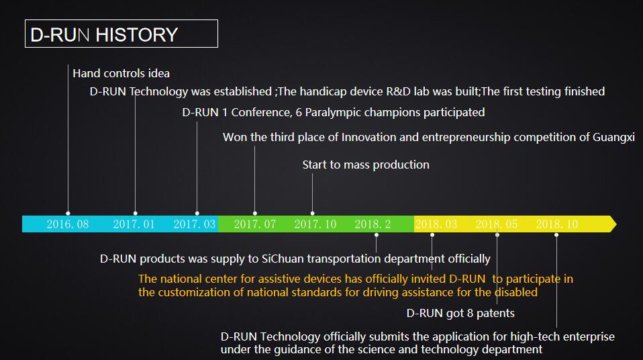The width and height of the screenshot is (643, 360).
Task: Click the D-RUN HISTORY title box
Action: click(x=121, y=34)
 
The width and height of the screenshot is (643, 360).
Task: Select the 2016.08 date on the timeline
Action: click(x=68, y=224)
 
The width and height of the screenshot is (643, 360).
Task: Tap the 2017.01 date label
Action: click(x=134, y=224)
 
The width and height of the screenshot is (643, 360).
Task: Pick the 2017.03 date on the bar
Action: click(x=195, y=224)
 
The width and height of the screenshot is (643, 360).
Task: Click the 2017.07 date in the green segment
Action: click(x=255, y=224)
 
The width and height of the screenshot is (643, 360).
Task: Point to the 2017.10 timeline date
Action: click(x=315, y=224)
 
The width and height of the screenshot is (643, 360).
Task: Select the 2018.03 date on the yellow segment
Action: click(x=436, y=224)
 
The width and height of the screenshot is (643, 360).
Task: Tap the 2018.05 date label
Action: click(x=497, y=224)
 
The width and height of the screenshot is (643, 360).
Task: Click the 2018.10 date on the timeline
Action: click(x=557, y=224)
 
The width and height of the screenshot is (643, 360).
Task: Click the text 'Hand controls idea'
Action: click(x=121, y=73)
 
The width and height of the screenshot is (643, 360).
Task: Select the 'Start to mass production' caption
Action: click(x=366, y=165)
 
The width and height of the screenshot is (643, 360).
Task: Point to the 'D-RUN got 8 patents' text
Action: click(x=460, y=313)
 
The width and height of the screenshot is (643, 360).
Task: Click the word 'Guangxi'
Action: click(x=614, y=138)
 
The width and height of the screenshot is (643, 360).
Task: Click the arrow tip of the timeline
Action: click(x=613, y=224)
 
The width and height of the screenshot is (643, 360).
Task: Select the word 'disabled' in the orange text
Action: click(x=516, y=292)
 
